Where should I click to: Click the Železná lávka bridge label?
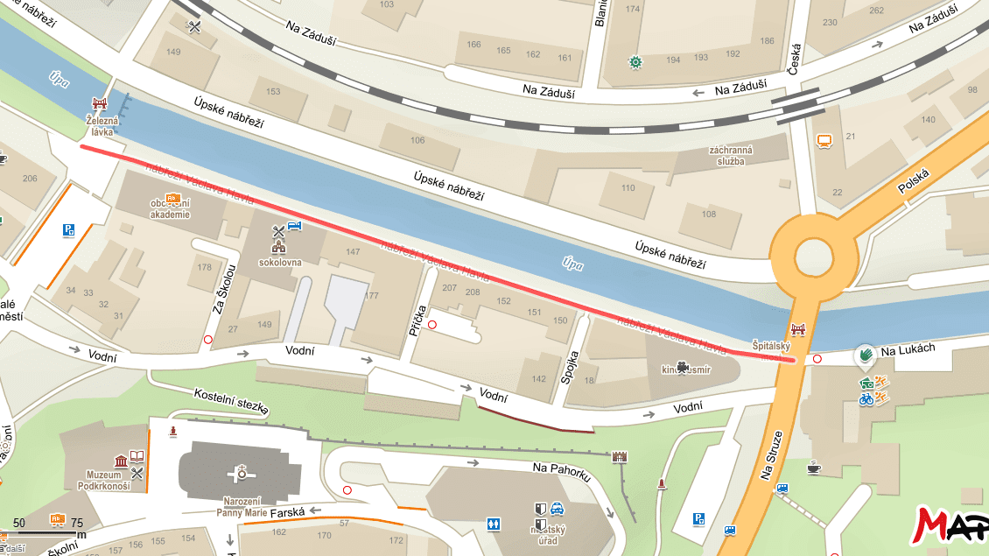[101, 125]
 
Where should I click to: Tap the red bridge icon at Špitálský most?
[797, 330]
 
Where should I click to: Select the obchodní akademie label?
[170, 209]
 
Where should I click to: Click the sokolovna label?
[279, 261]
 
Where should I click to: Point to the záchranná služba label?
[731, 155]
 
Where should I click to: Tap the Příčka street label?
[418, 321]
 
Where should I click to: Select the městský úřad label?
[548, 535]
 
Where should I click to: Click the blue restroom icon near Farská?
[494, 524]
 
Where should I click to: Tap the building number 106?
[417, 140]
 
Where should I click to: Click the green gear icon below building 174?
[635, 61]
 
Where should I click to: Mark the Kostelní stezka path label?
[231, 402]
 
